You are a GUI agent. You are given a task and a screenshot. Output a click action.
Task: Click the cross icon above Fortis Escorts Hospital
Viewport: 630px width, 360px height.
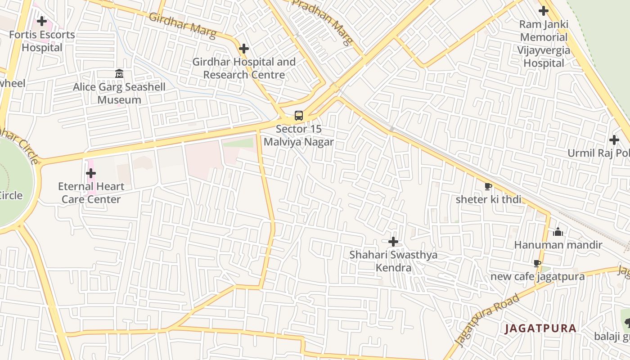coord(42,21)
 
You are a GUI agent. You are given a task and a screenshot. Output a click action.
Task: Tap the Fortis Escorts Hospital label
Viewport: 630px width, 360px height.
coord(42,41)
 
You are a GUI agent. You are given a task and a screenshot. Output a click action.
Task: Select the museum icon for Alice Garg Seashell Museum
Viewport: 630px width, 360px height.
coord(119,73)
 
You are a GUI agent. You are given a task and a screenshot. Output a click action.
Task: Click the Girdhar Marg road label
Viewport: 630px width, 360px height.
coord(182,26)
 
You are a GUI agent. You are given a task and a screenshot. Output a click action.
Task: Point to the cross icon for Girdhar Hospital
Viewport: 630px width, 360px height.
coord(244,49)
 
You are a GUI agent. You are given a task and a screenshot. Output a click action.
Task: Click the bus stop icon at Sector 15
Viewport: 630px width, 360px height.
coord(299,116)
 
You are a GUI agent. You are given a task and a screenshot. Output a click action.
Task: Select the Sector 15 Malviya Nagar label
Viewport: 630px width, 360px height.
coord(299,135)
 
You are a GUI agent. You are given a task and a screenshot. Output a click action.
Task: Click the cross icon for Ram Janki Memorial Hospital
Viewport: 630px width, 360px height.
coord(544,11)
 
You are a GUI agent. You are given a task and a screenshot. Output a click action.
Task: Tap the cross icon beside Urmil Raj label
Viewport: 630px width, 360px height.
coord(614,140)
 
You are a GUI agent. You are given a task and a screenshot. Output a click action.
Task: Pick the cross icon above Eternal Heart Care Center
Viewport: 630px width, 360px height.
coord(91,173)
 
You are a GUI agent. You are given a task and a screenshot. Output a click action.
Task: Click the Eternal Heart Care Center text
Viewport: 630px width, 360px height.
coord(91,193)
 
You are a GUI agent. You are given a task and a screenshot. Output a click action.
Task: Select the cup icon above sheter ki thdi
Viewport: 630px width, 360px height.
coord(488,186)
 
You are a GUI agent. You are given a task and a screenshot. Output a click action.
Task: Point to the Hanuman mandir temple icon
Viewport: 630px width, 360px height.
coord(558,232)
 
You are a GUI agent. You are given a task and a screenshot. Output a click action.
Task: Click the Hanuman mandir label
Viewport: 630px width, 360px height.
coord(558,245)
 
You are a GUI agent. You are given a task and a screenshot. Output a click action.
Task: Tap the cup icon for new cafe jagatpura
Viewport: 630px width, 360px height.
coord(537,263)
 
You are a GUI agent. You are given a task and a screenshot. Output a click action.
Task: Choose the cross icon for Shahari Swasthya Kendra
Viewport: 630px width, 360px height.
coord(393,242)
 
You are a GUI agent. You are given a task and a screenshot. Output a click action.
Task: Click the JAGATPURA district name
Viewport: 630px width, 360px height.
coord(540,328)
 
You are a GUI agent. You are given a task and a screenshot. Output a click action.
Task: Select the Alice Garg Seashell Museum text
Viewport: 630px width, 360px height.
coord(119,93)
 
